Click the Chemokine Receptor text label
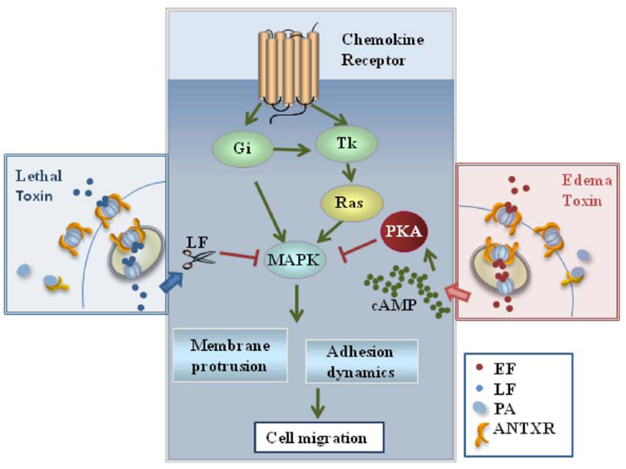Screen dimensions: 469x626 pos(382,50)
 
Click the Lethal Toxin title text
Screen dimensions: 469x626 pos(37,187)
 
